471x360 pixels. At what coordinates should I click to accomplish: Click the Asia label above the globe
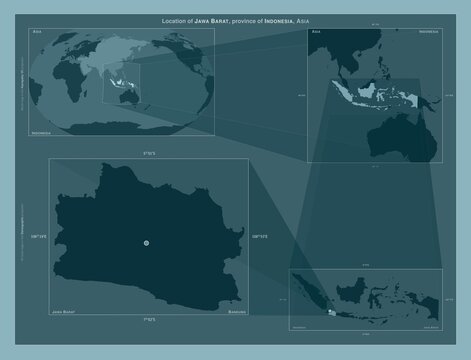click(x=37, y=33)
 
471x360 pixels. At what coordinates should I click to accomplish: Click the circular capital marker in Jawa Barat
click(x=146, y=243)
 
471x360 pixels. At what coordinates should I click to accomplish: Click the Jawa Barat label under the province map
click(x=64, y=313)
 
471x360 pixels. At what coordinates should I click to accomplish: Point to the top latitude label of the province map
click(x=146, y=153)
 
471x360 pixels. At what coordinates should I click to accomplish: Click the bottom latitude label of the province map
click(x=146, y=319)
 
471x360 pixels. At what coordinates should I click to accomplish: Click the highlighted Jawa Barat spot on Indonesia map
click(x=331, y=313)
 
